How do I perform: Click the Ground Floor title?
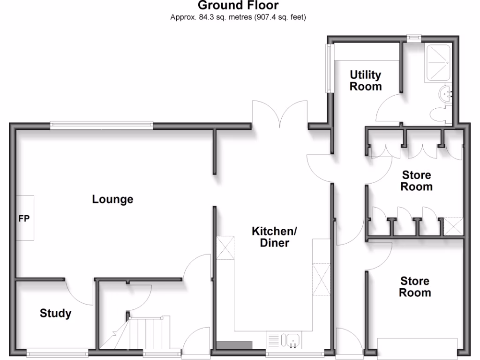[x=238, y=6]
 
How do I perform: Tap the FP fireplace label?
[x=24, y=218]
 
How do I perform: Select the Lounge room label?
[x=112, y=199]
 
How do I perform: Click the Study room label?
[x=55, y=313]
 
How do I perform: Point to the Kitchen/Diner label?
[x=274, y=237]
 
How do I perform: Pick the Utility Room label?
[x=366, y=81]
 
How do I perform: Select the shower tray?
[x=438, y=64]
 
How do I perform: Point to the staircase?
[x=145, y=333]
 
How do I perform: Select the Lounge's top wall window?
[x=102, y=125]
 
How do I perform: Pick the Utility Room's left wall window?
[x=330, y=68]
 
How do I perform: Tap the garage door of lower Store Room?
[x=417, y=347]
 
